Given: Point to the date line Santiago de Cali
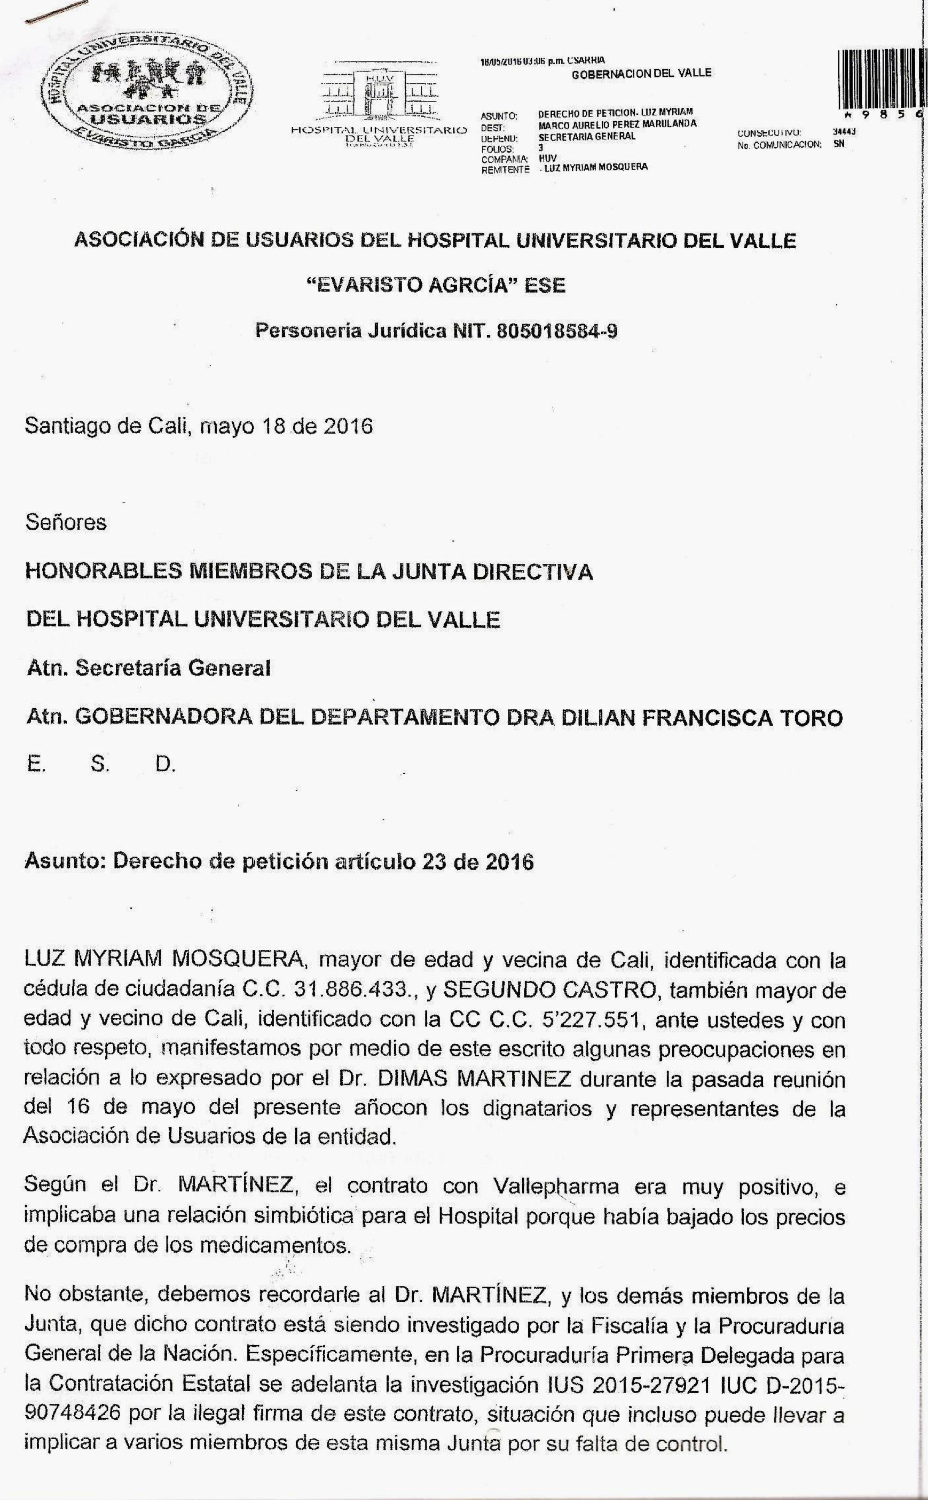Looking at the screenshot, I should coord(198,426).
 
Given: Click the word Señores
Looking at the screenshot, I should coord(66,522).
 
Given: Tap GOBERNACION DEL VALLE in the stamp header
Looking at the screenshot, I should coord(641,74).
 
